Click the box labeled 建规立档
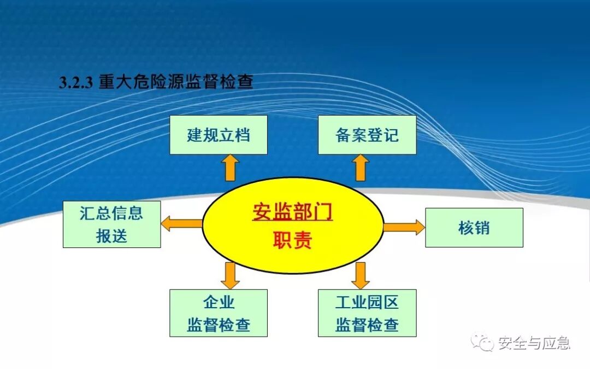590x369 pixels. click(218, 135)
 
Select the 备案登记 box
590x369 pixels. click(367, 135)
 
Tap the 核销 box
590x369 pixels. click(474, 227)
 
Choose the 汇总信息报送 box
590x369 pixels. click(111, 224)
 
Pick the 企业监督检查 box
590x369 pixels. click(218, 313)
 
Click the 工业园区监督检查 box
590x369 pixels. click(367, 313)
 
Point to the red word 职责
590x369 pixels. click(292, 240)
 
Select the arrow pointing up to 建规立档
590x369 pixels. click(230, 167)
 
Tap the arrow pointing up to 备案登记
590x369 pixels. click(360, 167)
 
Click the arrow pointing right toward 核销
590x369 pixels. click(404, 227)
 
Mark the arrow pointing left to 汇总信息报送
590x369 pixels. click(181, 223)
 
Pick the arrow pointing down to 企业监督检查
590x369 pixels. click(230, 275)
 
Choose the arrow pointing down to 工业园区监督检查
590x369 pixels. click(360, 275)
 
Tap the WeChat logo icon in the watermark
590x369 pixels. click(483, 343)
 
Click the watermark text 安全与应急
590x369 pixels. click(533, 343)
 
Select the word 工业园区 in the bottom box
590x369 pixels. click(367, 302)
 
